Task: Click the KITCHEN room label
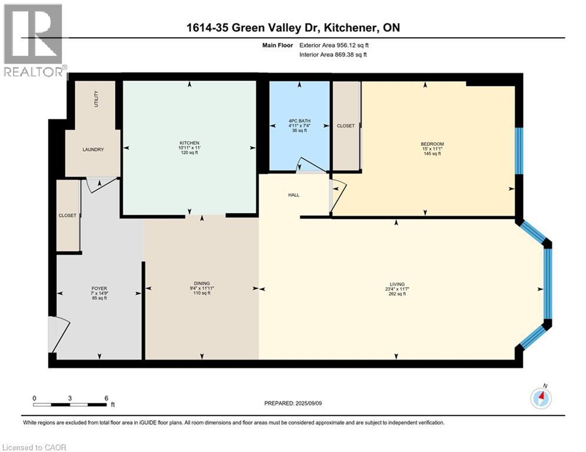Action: click(x=189, y=143)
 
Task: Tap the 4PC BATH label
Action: click(x=299, y=121)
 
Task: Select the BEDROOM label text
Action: click(x=432, y=144)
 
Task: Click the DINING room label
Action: click(x=202, y=283)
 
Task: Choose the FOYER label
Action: click(x=99, y=289)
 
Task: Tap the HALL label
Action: click(x=294, y=195)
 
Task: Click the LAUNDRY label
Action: click(x=93, y=149)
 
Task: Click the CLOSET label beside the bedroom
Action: click(x=346, y=126)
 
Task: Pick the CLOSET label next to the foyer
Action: click(x=68, y=216)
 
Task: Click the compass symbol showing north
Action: click(x=540, y=398)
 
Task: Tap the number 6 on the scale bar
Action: click(x=106, y=398)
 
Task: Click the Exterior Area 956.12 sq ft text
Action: click(x=334, y=45)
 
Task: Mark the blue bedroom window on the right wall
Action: click(x=519, y=151)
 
